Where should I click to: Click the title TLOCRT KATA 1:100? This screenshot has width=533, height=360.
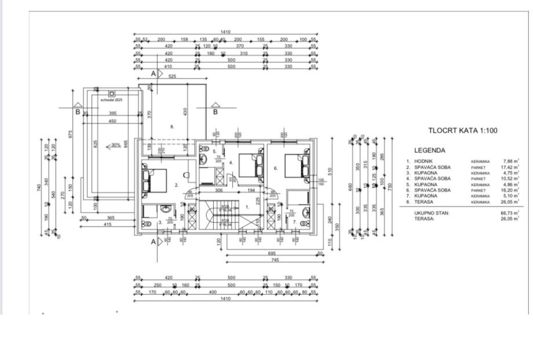(462, 130)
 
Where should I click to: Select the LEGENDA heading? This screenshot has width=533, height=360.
(429, 150)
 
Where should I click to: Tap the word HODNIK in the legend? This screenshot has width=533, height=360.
(425, 161)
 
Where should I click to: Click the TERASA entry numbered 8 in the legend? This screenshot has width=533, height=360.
(424, 202)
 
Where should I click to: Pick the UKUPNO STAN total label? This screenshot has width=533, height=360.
(431, 213)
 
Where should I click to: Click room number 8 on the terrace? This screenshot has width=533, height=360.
(172, 126)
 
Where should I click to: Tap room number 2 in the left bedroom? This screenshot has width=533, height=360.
(176, 186)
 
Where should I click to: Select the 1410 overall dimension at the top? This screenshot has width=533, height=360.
(225, 32)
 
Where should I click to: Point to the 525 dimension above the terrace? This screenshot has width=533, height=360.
(171, 77)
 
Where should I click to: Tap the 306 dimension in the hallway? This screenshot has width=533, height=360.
(219, 190)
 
